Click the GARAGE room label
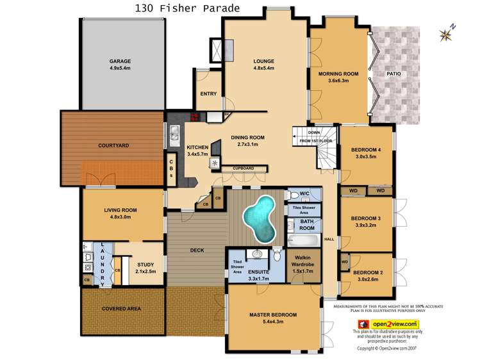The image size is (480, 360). click(119, 62)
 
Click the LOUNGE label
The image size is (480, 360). click(263, 61)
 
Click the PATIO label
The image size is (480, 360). click(393, 74)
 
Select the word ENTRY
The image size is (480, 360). click(208, 94)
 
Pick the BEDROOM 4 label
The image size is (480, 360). click(365, 150)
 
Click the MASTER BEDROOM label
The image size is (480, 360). click(273, 315)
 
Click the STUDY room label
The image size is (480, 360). click(145, 263)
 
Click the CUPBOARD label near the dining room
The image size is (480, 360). click(243, 168)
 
